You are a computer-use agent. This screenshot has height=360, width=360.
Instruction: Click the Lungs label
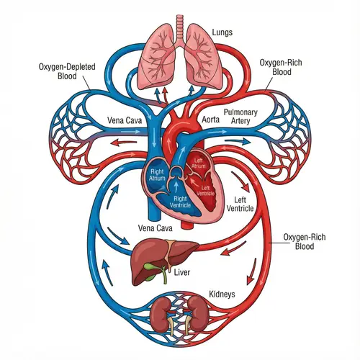pos(222,32)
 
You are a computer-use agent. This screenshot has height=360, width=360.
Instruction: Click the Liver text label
pos(184,274)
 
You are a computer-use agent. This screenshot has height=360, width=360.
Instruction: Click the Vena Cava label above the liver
pos(153,228)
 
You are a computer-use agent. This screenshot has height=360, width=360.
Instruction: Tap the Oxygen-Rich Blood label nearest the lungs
pos(279,68)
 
